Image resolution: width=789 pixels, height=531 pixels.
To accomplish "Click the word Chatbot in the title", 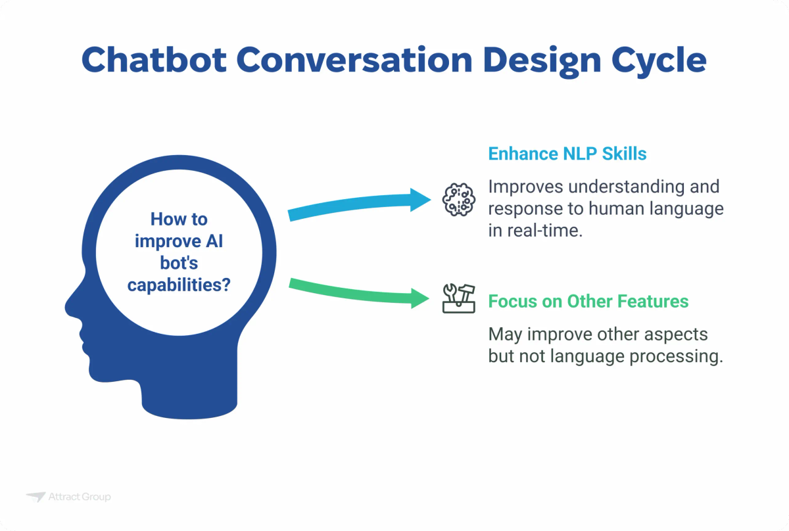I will [x=153, y=60].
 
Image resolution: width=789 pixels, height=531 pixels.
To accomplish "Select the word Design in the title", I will [x=512, y=60].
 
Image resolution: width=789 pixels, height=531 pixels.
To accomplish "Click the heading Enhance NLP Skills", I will [x=567, y=154].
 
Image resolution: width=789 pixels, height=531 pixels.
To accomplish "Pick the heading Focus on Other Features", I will [x=588, y=302].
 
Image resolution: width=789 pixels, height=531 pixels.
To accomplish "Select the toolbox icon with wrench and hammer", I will [x=457, y=299].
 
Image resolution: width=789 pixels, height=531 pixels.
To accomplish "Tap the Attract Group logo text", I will [x=79, y=497].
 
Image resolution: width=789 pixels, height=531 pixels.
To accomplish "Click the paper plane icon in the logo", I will [x=36, y=497].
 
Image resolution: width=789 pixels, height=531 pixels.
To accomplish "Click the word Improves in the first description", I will [x=527, y=187].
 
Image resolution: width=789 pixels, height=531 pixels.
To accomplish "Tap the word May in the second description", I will [x=504, y=335].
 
